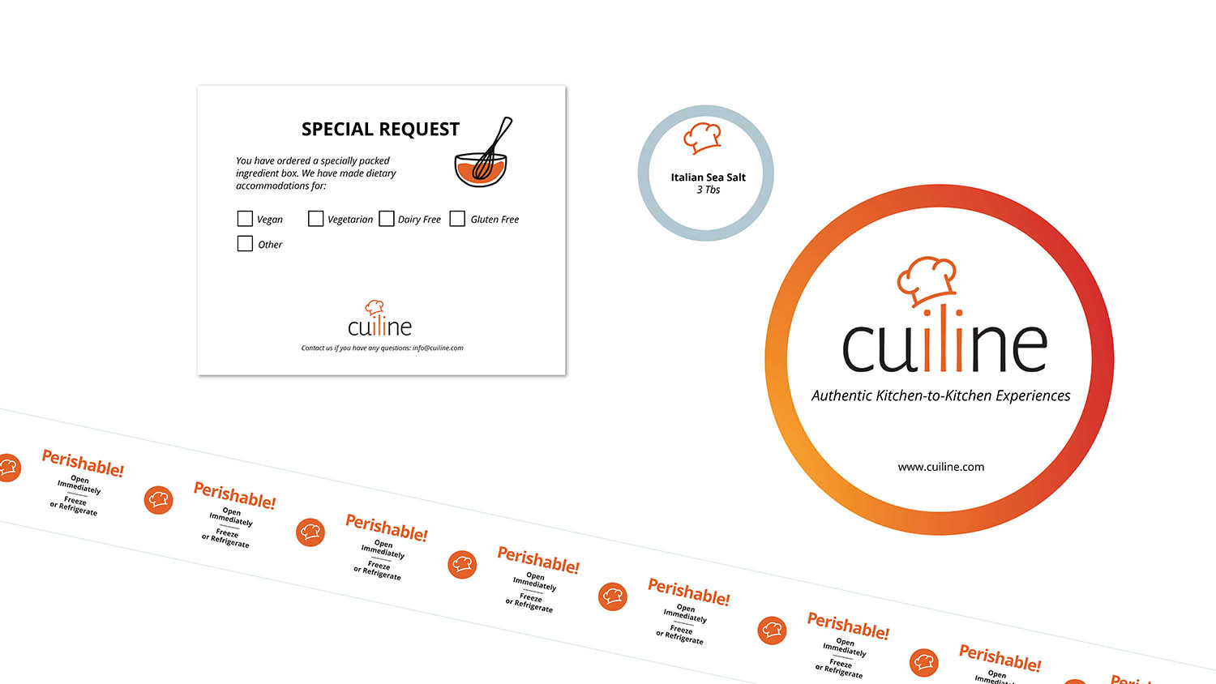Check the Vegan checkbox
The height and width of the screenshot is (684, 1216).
(245, 219)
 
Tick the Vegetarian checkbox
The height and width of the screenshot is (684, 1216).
(316, 219)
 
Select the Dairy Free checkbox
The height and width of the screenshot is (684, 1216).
(387, 219)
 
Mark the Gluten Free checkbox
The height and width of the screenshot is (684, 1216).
(458, 219)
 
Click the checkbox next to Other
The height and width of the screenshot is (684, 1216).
(245, 244)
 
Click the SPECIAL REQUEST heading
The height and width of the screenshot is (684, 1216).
(380, 130)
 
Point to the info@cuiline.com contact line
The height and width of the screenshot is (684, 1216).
(383, 348)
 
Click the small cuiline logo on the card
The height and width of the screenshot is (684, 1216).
(379, 320)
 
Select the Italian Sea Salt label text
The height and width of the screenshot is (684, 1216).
(708, 177)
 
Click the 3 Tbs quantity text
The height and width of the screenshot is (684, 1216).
(708, 190)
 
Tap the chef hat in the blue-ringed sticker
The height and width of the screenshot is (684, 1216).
(702, 137)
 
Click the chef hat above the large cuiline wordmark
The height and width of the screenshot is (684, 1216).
(927, 280)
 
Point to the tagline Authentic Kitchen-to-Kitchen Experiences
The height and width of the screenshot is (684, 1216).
(940, 396)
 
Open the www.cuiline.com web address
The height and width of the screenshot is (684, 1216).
(940, 467)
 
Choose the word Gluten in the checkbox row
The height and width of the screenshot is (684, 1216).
(484, 220)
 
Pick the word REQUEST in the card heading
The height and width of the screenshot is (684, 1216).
(420, 130)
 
